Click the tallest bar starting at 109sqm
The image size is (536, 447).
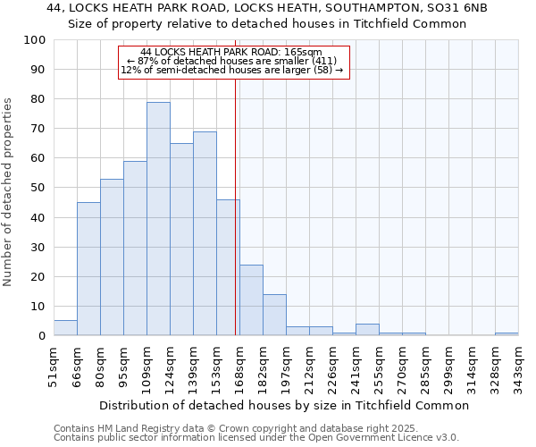pyautogui.click(x=158, y=219)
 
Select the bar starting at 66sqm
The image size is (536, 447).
pyautogui.click(x=88, y=269)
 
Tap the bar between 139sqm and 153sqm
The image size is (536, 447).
pyautogui.click(x=205, y=233)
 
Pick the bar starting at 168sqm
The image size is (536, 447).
pyautogui.click(x=251, y=300)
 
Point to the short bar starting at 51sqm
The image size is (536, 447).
pyautogui.click(x=65, y=328)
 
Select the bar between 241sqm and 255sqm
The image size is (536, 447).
pyautogui.click(x=367, y=330)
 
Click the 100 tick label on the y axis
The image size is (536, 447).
pyautogui.click(x=34, y=40)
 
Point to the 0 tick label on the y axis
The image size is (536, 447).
pyautogui.click(x=41, y=336)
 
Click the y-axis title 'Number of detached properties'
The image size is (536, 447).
pyautogui.click(x=9, y=192)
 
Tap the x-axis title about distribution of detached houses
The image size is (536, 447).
pyautogui.click(x=285, y=405)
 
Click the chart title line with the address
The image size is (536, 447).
pyautogui.click(x=268, y=8)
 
